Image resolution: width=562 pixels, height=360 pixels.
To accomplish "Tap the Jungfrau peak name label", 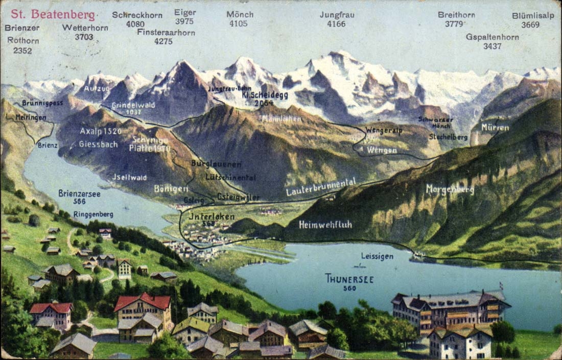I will tap(337, 15).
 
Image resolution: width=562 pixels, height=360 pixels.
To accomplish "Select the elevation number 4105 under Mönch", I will tap(239, 23).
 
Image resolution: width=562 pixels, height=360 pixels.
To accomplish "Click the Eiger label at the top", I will tap(184, 12).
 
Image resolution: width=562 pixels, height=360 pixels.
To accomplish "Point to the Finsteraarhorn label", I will tap(166, 32).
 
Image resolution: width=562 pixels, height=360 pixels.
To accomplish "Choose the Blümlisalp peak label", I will tap(533, 16).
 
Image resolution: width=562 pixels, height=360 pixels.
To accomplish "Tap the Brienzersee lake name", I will tap(79, 194).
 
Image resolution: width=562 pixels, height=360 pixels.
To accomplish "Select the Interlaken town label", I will tap(212, 217).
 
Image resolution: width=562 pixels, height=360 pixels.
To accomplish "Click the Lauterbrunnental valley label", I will tap(321, 188).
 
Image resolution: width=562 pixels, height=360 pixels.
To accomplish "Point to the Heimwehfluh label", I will tap(325, 224).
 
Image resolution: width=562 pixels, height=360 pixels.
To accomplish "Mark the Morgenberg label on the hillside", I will tap(450, 189).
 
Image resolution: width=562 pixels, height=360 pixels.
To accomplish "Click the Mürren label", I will tap(495, 127).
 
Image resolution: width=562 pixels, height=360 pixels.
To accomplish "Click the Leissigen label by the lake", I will tap(377, 256).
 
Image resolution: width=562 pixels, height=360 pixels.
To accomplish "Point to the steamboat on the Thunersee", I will tap(359, 266).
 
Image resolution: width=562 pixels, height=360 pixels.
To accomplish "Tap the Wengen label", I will tap(381, 150).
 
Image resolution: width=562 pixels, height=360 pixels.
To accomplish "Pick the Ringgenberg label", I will tap(93, 214).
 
